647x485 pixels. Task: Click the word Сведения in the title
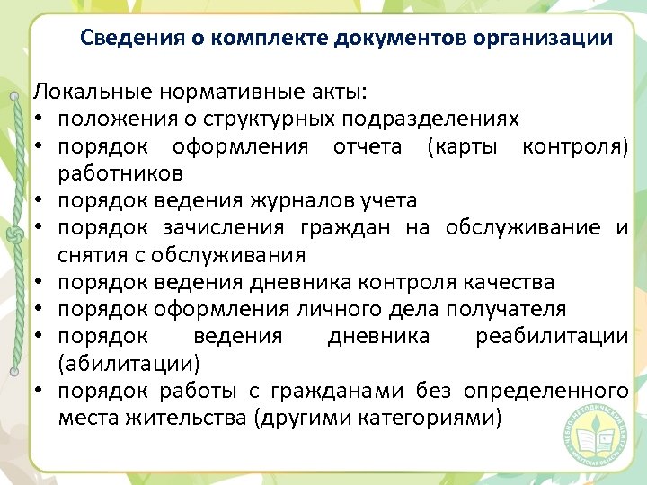click(122, 39)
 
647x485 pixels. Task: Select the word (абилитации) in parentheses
click(129, 364)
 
